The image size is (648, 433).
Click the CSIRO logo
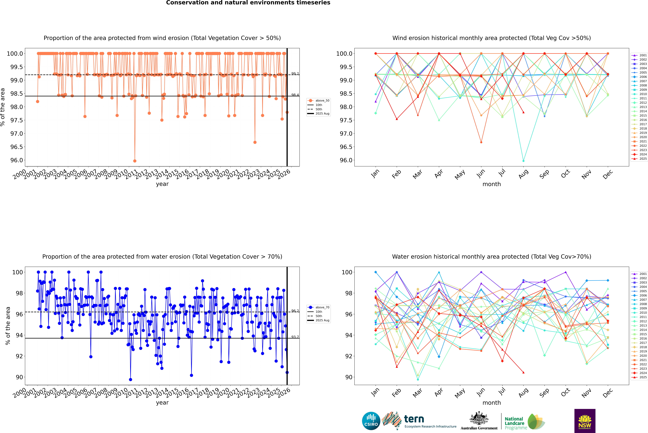[371, 421]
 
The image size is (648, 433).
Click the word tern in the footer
[414, 419]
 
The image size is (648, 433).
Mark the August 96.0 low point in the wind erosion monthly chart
[523, 161]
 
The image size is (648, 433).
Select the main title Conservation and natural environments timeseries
[248, 3]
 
